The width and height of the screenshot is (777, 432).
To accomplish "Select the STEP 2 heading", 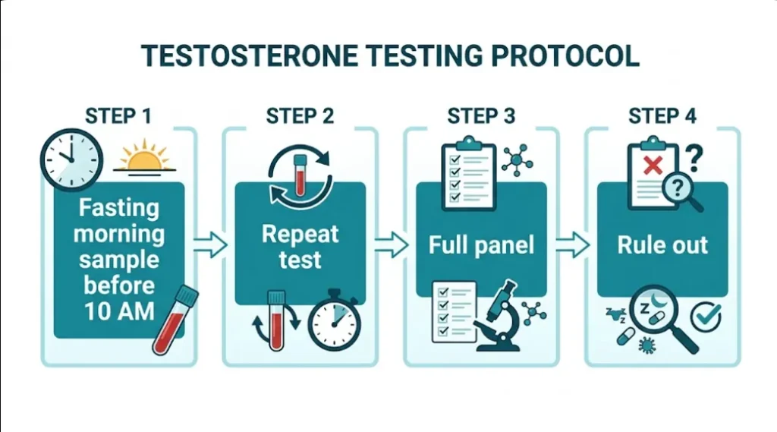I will pos(300,116).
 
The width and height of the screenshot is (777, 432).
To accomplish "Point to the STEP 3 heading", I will pos(481,116).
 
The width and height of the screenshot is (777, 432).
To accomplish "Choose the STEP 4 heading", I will pos(662,116).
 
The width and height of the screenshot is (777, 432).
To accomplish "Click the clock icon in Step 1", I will pos(71,159).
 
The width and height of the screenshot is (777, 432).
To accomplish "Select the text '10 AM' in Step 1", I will pos(118,312).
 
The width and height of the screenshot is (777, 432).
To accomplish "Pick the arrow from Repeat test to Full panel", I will pos(392,245).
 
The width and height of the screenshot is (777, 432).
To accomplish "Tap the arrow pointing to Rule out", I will pos(573,245).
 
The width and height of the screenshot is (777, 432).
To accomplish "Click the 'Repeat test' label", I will pos(300,246).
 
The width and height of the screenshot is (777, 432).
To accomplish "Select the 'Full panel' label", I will pos(481,245).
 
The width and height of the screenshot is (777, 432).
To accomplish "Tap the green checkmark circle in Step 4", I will pos(707,315).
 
